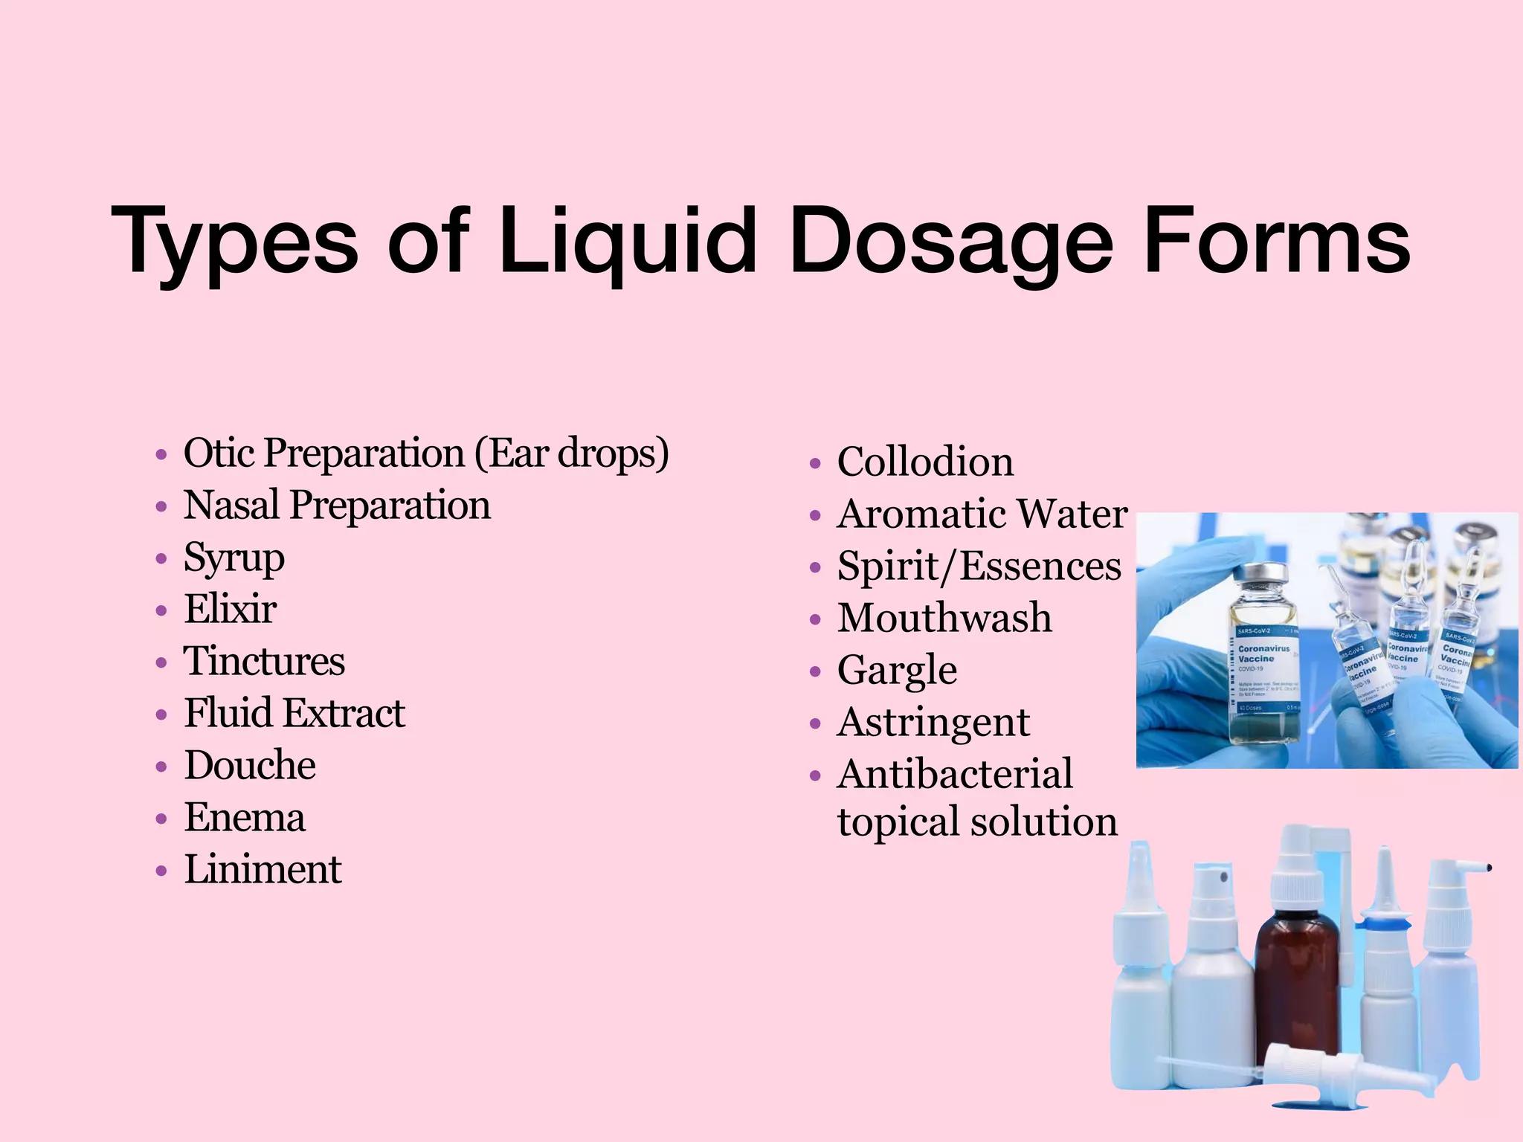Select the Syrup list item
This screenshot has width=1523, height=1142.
click(234, 558)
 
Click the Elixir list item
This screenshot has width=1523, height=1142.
click(230, 609)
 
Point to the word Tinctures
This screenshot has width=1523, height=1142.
click(264, 661)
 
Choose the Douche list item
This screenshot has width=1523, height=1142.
click(250, 765)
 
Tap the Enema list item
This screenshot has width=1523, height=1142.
click(245, 817)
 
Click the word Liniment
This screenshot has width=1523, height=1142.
click(263, 869)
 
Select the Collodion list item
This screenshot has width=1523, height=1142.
click(925, 462)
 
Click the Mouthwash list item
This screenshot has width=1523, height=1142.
click(944, 618)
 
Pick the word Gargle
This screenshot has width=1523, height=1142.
click(897, 671)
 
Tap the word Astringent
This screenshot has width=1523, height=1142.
click(933, 722)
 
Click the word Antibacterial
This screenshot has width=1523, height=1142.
click(955, 774)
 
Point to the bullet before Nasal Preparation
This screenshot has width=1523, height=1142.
click(161, 507)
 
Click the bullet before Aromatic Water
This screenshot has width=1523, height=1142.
click(815, 515)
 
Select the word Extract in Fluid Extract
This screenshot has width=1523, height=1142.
click(344, 713)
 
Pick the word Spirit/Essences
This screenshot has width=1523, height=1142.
click(979, 566)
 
